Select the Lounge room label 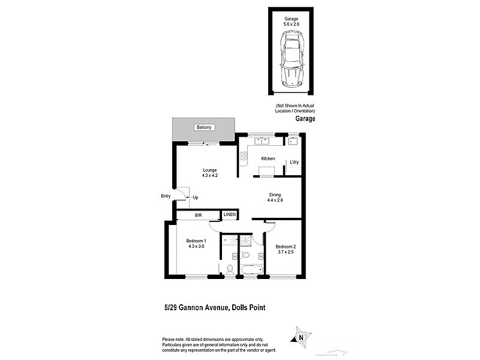click(209, 170)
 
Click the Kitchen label click(268, 158)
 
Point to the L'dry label click(294, 163)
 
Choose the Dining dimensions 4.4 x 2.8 click(275, 200)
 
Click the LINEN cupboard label click(230, 214)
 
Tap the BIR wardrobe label click(197, 214)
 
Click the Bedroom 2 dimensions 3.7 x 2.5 click(286, 253)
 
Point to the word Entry click(166, 196)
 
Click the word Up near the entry click(196, 197)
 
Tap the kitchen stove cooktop click(244, 158)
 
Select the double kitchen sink click(261, 142)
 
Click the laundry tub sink click(293, 142)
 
